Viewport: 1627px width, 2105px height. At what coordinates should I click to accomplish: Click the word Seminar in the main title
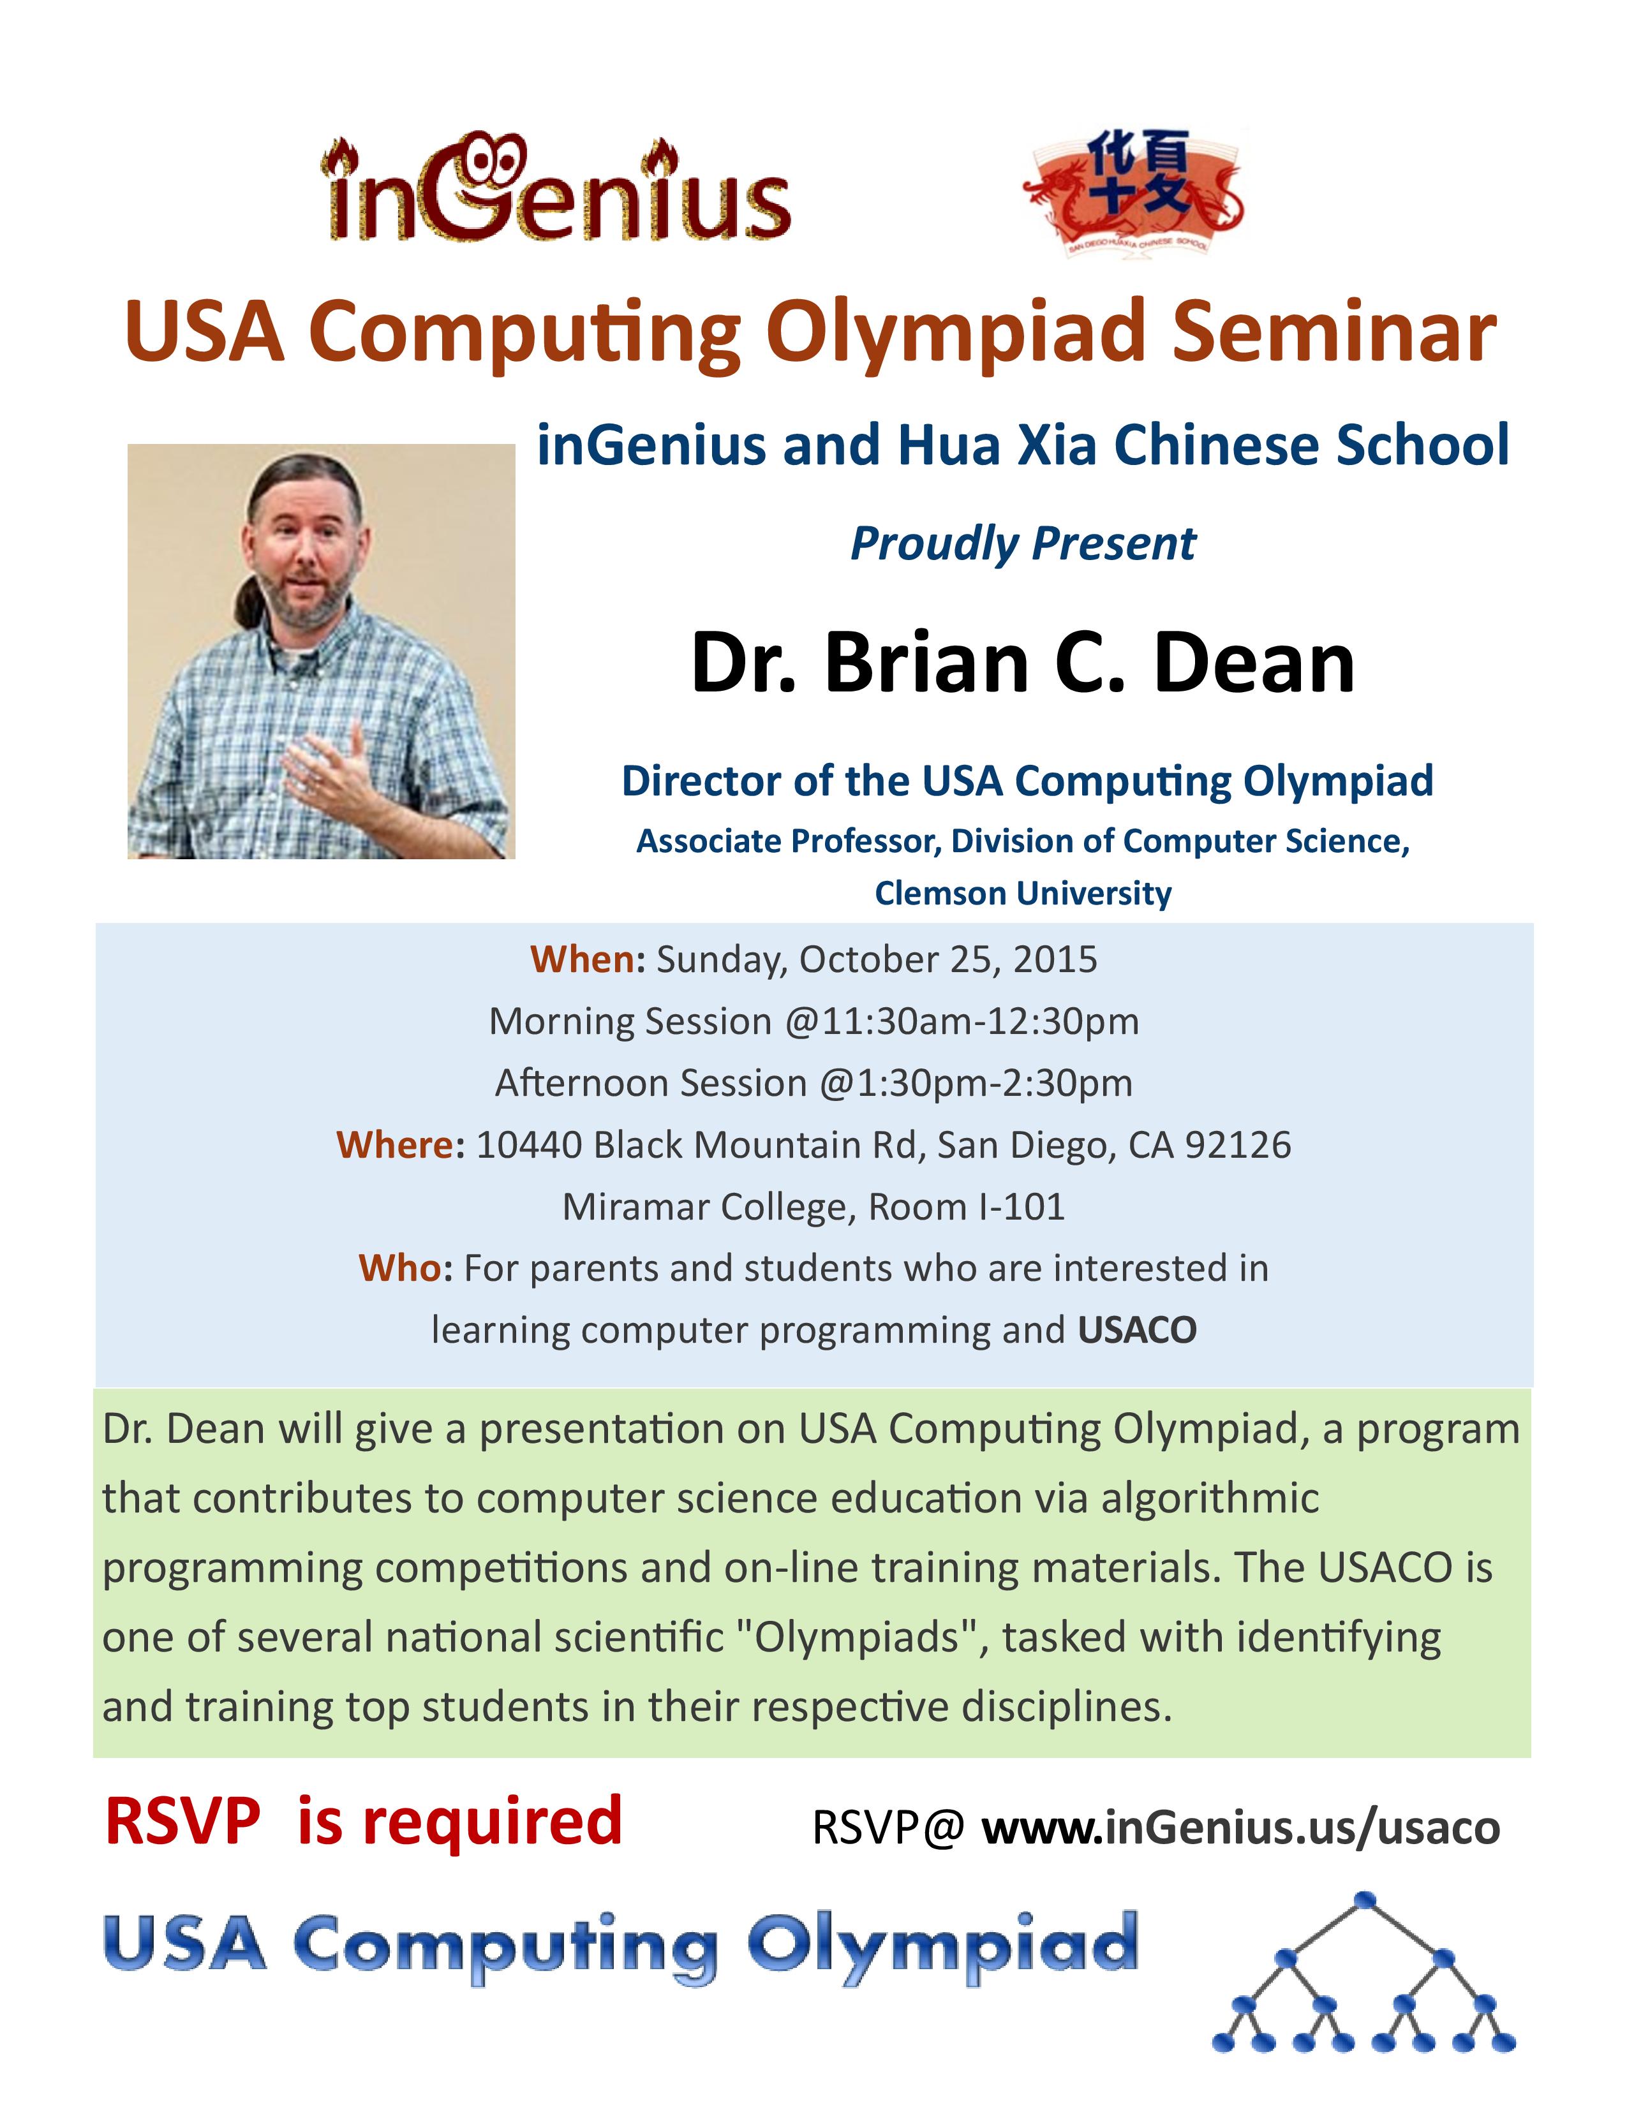1334,332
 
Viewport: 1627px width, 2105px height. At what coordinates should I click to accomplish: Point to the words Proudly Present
1023,545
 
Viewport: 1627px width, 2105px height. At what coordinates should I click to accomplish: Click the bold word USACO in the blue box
1138,1330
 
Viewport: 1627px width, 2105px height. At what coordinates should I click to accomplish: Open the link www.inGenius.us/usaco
1242,1828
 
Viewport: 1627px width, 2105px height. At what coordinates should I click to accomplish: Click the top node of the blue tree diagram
1365,1899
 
